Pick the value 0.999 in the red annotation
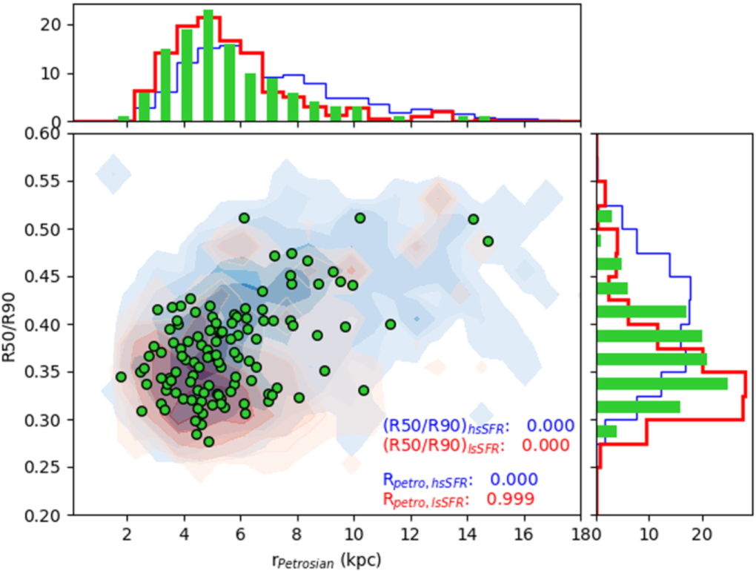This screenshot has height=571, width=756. click(x=509, y=499)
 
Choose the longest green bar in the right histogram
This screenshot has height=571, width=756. click(x=662, y=383)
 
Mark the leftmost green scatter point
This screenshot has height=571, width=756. click(x=121, y=377)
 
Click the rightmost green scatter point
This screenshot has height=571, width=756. click(x=488, y=241)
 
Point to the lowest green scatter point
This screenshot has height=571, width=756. click(x=209, y=441)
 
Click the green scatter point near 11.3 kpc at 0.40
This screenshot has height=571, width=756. click(x=391, y=324)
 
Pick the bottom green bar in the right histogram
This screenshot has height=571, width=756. click(x=607, y=431)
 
